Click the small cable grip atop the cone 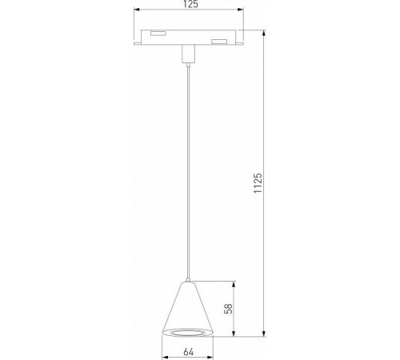click(x=190, y=281)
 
